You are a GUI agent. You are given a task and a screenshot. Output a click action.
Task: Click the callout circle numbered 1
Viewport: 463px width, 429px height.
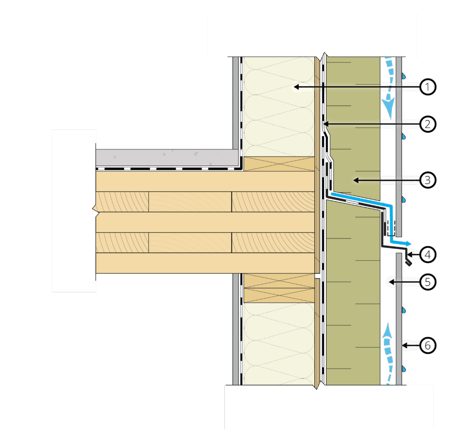427,86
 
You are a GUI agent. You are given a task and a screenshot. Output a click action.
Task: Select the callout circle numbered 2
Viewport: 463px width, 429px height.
427,123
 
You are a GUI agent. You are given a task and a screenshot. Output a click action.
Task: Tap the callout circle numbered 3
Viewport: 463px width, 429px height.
427,180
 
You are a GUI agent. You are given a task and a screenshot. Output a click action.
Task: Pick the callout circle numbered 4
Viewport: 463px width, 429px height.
427,254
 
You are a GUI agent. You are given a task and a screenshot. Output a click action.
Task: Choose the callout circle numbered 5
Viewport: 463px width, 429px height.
427,282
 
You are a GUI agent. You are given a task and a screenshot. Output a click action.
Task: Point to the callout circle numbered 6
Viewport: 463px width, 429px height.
427,346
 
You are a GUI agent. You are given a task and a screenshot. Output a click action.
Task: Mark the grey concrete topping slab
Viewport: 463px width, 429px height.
167,157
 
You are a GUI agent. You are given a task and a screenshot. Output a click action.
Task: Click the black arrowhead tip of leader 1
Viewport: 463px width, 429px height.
295,86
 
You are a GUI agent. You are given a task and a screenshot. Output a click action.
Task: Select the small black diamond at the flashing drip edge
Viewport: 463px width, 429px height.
408,263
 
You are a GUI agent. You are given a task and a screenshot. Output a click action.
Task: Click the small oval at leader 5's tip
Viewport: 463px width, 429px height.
391,282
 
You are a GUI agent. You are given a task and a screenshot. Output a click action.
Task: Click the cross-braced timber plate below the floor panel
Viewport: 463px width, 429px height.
279,288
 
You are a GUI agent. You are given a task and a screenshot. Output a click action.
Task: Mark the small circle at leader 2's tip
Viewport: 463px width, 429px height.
322,123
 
